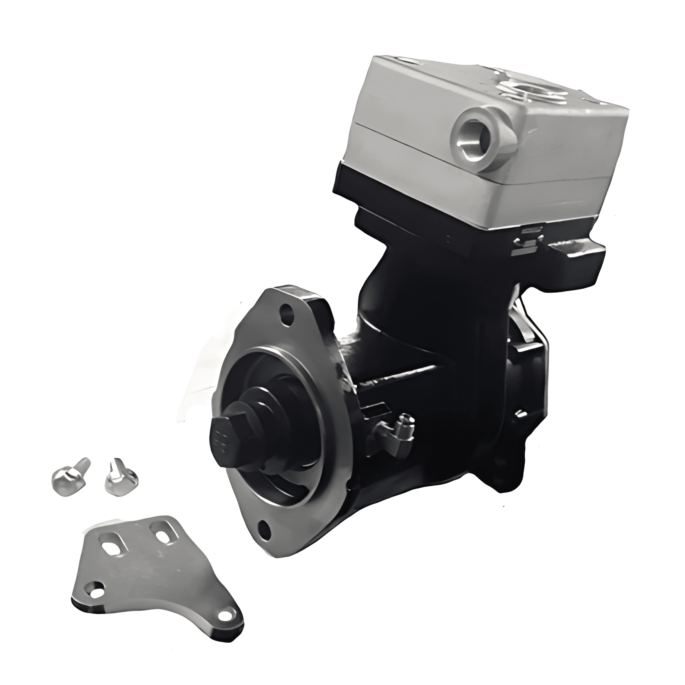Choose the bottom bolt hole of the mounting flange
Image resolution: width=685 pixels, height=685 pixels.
click(265, 529)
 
